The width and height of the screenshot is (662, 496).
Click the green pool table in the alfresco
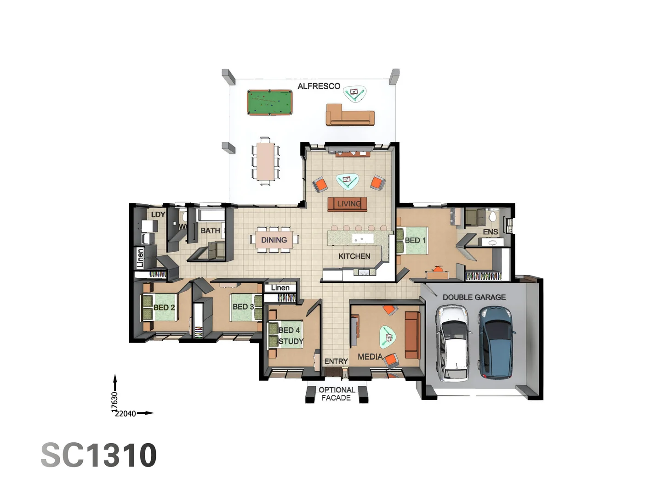click(x=269, y=102)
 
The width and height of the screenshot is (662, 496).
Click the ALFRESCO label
click(x=319, y=86)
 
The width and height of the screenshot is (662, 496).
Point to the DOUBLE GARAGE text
click(x=474, y=298)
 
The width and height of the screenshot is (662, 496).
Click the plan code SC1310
click(x=99, y=455)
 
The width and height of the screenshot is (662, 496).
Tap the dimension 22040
click(x=126, y=413)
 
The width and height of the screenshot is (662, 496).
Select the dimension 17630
click(x=114, y=401)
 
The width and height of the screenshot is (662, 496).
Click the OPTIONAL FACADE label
click(x=337, y=394)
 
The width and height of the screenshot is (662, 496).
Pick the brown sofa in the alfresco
click(x=350, y=116)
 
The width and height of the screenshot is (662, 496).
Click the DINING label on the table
click(x=274, y=240)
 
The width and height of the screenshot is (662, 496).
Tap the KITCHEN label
click(x=354, y=256)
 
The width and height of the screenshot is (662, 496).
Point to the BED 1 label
click(x=415, y=240)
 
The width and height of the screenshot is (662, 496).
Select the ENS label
click(x=491, y=232)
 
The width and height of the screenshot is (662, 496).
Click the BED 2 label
click(x=164, y=307)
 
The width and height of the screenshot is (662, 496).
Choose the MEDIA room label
click(x=370, y=356)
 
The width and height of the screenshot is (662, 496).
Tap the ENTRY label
click(x=336, y=361)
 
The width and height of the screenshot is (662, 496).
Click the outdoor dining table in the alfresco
click(x=265, y=161)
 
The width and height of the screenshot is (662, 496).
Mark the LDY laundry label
click(x=158, y=214)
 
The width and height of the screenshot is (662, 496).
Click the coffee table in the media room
click(x=388, y=337)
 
